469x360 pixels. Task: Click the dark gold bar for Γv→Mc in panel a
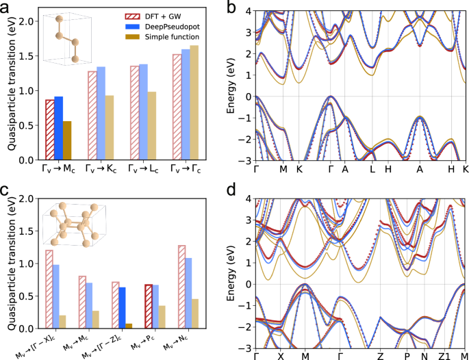tap(66, 140)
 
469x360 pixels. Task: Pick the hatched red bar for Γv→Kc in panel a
tap(92, 116)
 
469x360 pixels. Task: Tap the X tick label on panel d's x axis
tap(280, 356)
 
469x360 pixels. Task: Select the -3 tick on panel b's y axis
tap(245, 159)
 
